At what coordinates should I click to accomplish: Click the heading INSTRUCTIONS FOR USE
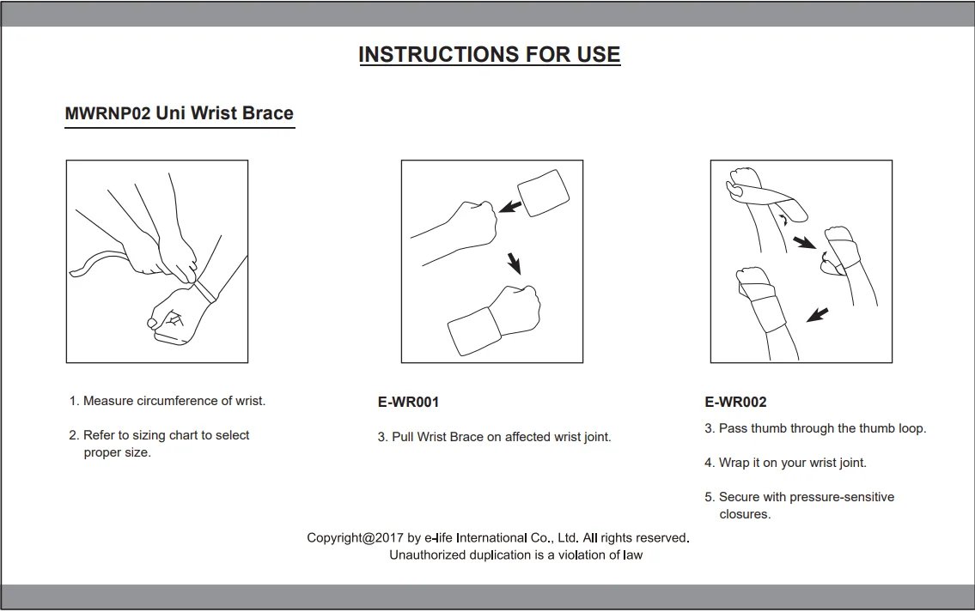[x=490, y=55]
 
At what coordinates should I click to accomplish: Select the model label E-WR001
[x=409, y=402]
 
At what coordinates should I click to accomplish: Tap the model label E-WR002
[x=735, y=402]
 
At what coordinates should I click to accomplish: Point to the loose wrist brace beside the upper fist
[x=544, y=192]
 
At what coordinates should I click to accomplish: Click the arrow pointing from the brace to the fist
[x=510, y=206]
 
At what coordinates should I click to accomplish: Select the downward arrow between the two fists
[x=514, y=263]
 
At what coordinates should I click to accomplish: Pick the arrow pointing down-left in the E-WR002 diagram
[x=817, y=315]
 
